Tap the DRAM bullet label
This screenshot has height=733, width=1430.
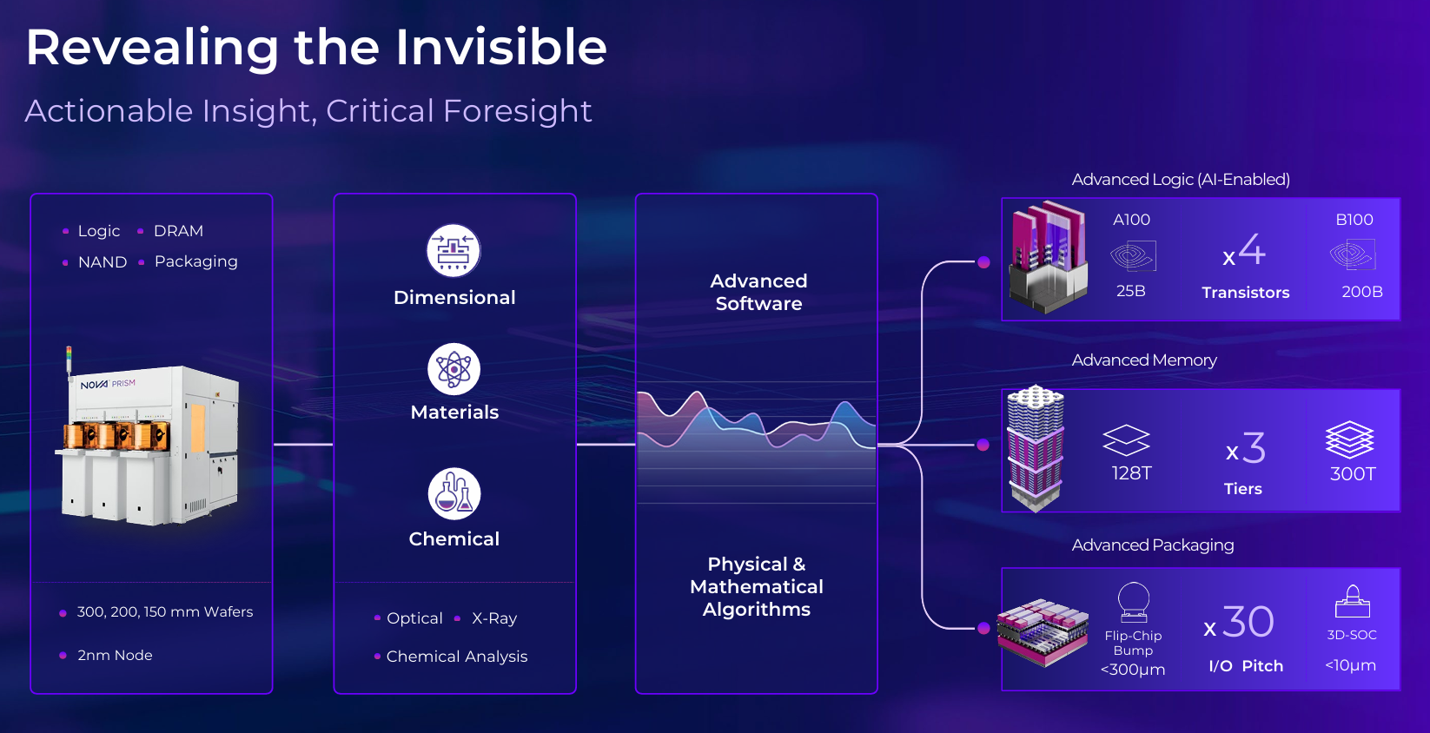click(178, 231)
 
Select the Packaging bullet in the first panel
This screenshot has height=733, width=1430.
click(195, 261)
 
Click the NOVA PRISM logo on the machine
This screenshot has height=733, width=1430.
click(108, 384)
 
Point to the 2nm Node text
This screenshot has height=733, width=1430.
click(115, 656)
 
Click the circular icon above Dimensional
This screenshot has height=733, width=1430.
click(453, 251)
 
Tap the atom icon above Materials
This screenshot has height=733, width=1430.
click(453, 369)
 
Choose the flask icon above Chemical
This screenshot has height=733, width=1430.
click(453, 493)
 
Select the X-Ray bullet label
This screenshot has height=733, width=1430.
click(494, 618)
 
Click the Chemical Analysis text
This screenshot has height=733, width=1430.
click(457, 657)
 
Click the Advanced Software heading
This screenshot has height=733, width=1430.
click(758, 293)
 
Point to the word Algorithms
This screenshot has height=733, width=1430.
click(757, 610)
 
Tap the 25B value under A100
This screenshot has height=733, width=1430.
click(1130, 291)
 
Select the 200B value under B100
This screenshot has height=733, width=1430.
click(1361, 292)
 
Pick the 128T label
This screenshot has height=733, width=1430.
click(1131, 473)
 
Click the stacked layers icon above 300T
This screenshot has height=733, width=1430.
click(1350, 439)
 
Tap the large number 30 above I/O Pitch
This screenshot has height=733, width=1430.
click(1248, 622)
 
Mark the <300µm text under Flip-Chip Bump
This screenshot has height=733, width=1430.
click(1132, 670)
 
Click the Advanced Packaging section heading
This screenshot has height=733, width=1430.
click(1152, 545)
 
